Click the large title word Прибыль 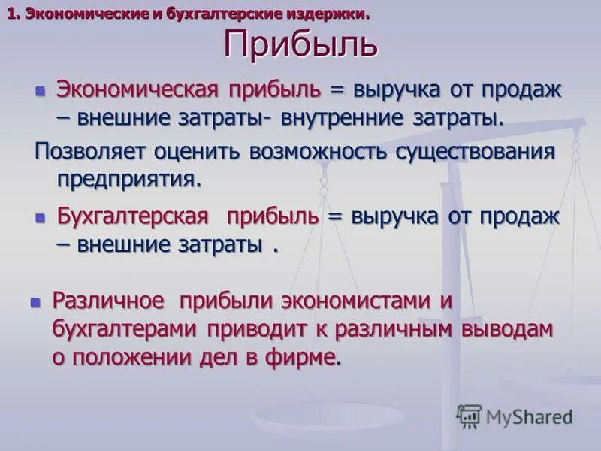300,45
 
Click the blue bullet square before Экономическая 41,91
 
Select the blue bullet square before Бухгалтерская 41,218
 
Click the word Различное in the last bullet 108,301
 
